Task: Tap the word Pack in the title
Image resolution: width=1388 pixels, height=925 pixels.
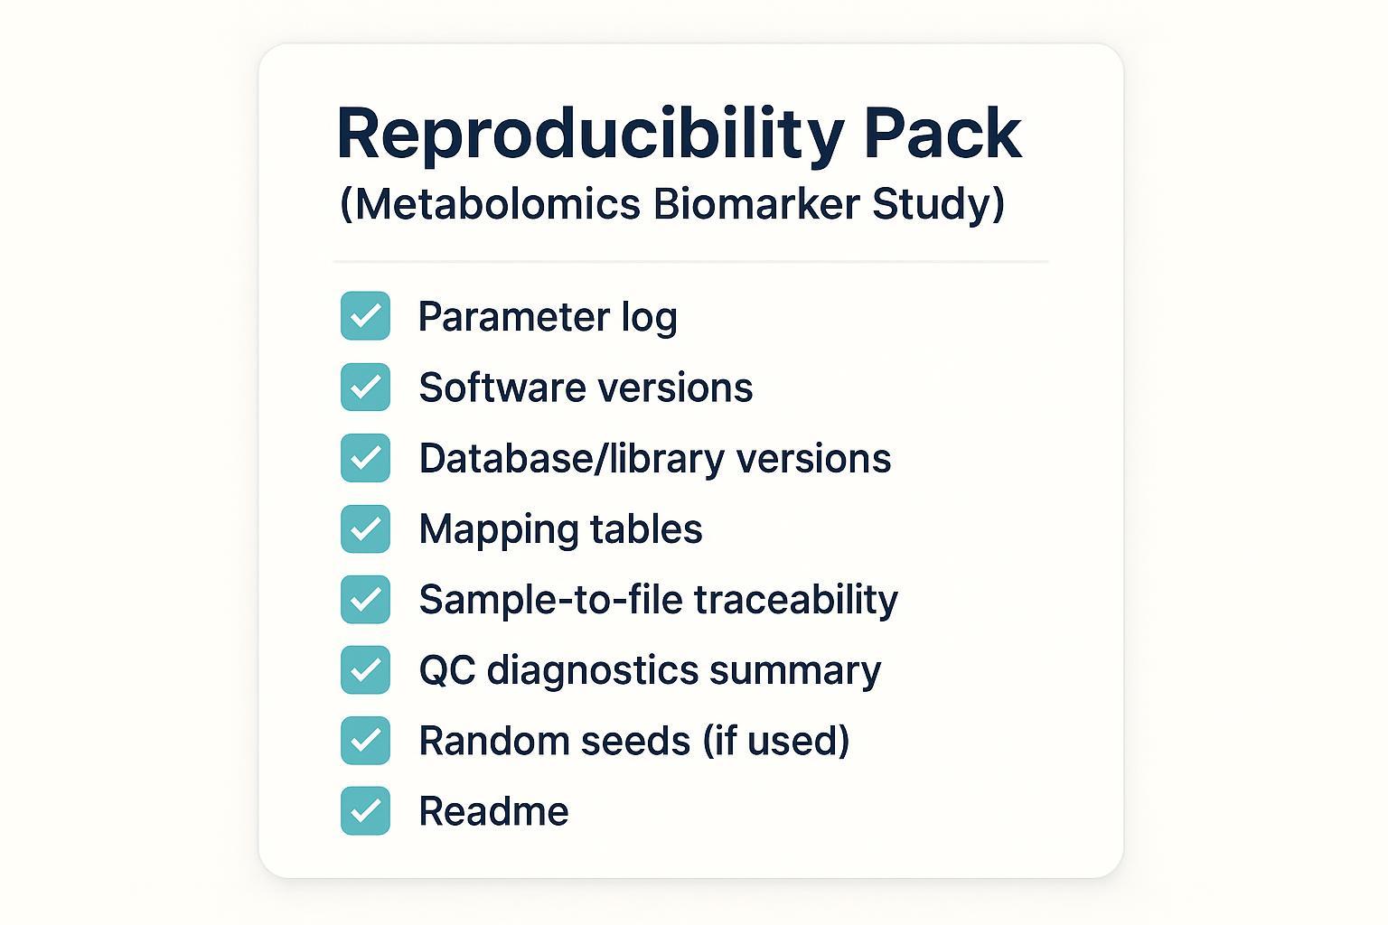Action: point(943,135)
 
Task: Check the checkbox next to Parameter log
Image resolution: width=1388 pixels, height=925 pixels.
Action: point(365,316)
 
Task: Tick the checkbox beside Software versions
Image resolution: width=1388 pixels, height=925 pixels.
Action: point(365,387)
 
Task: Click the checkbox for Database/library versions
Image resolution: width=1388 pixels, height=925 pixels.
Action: point(365,457)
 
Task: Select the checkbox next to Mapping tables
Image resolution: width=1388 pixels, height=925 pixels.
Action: point(365,528)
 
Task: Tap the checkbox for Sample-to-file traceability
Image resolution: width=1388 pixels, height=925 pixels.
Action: point(365,599)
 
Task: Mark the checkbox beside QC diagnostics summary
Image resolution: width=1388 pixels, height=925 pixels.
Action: point(365,669)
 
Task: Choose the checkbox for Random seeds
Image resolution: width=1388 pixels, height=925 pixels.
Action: point(365,740)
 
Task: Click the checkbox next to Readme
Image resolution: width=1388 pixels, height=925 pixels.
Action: point(365,810)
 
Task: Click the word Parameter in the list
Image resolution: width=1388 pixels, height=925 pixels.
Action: point(513,317)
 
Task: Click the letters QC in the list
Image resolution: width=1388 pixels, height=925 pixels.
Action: point(446,670)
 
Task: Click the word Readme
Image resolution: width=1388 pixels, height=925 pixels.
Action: point(493,811)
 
